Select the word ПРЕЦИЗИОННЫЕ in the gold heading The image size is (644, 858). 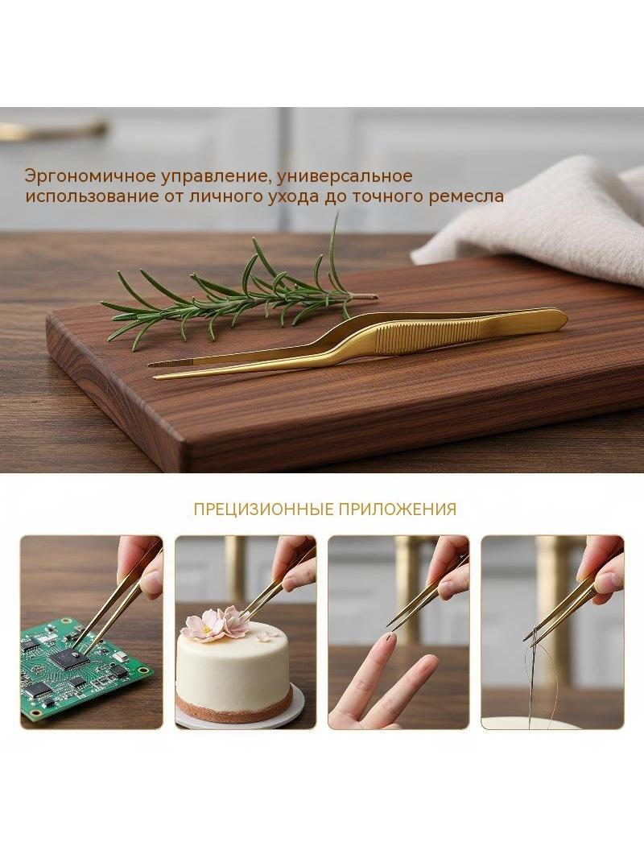point(263,509)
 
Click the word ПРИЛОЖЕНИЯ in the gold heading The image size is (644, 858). point(397,509)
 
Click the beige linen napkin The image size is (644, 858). point(542,219)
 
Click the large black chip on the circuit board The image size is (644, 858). point(69,659)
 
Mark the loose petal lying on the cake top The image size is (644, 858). point(266,637)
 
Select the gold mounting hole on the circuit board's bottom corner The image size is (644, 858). point(35,713)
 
